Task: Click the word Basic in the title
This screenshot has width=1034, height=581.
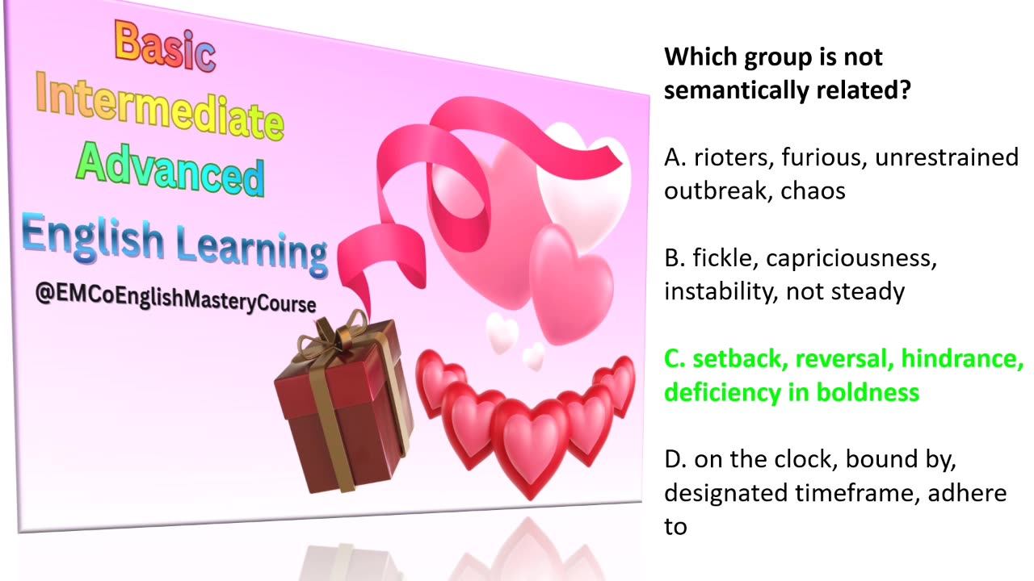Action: click(166, 45)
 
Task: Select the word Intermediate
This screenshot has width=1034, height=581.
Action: click(160, 109)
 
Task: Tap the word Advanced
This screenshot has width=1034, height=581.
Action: click(170, 170)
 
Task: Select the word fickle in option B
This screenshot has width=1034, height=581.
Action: click(725, 258)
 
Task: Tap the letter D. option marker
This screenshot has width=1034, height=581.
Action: click(675, 459)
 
